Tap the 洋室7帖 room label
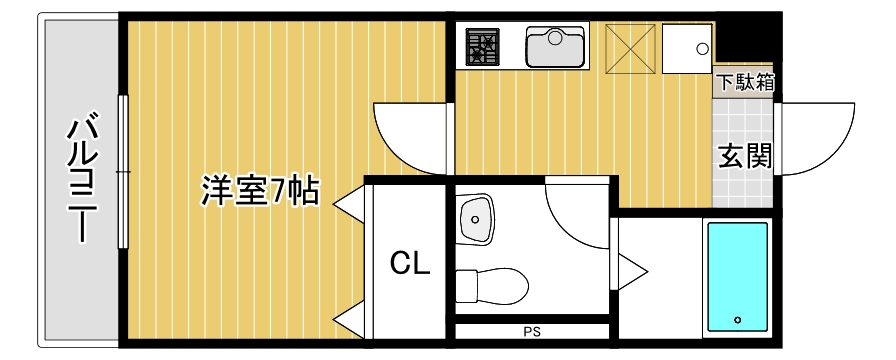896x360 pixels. [260, 190]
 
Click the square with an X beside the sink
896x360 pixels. [629, 46]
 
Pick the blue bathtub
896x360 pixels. [738, 277]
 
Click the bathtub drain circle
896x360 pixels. [738, 320]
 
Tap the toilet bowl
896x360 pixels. [492, 285]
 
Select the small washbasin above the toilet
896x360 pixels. [476, 218]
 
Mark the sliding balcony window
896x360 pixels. [123, 172]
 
